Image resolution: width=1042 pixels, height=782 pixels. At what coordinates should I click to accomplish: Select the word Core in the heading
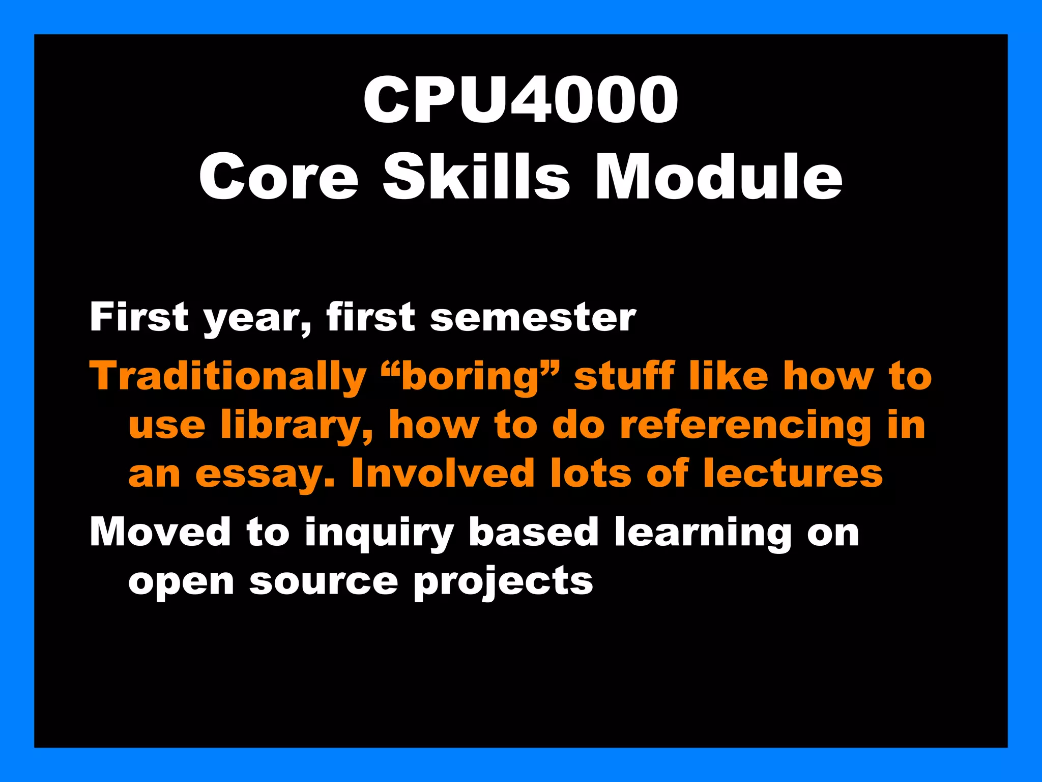pyautogui.click(x=279, y=177)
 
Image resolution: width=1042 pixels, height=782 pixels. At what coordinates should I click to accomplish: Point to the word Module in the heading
pyautogui.click(x=718, y=177)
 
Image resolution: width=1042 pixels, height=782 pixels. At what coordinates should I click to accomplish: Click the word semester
pyautogui.click(x=533, y=318)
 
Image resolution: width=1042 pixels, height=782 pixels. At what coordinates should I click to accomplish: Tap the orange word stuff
pyautogui.click(x=624, y=376)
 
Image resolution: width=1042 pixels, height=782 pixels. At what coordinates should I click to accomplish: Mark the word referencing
pyautogui.click(x=745, y=426)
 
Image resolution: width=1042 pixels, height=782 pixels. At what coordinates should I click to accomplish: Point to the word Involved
pyautogui.click(x=442, y=473)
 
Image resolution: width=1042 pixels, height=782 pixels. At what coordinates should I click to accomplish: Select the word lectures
pyautogui.click(x=793, y=473)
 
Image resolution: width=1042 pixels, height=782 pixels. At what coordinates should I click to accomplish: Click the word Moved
pyautogui.click(x=160, y=532)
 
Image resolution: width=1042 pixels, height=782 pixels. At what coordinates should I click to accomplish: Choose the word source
pyautogui.click(x=323, y=581)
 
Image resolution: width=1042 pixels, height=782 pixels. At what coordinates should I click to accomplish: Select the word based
pyautogui.click(x=533, y=532)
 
